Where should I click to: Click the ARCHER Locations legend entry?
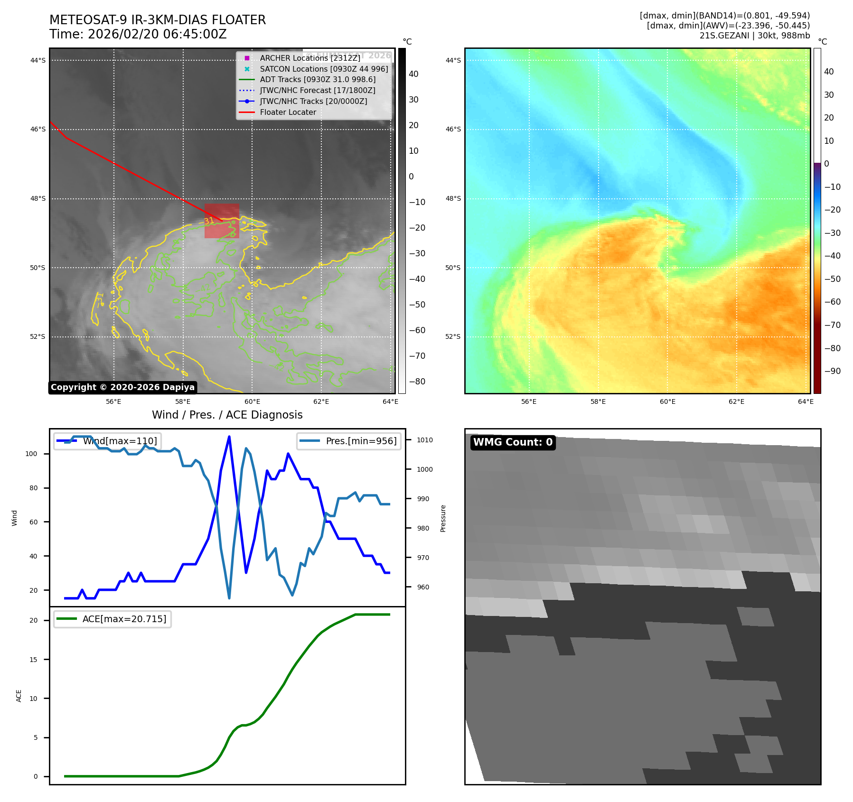pyautogui.click(x=309, y=58)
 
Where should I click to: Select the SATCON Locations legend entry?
pyautogui.click(x=323, y=69)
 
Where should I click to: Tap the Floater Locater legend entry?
pyautogui.click(x=288, y=112)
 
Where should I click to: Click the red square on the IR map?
pyautogui.click(x=222, y=221)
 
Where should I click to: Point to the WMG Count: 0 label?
pyautogui.click(x=513, y=442)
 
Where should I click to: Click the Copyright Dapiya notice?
pyautogui.click(x=122, y=387)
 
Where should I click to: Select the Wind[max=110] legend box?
pyautogui.click(x=107, y=441)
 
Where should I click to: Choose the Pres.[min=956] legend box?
pyautogui.click(x=349, y=441)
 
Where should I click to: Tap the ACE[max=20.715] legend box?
pyautogui.click(x=112, y=619)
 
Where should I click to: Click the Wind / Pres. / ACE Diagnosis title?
pyautogui.click(x=227, y=415)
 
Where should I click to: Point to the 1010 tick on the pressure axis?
pyautogui.click(x=425, y=440)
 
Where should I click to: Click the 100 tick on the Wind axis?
pyautogui.click(x=31, y=454)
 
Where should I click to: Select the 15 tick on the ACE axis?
pyautogui.click(x=33, y=660)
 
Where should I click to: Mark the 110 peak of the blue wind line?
pyautogui.click(x=229, y=437)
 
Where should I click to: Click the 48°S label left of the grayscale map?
pyautogui.click(x=38, y=198)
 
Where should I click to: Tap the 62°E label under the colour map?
pyautogui.click(x=736, y=401)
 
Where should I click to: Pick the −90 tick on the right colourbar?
pyautogui.click(x=832, y=371)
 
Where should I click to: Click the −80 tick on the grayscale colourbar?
pyautogui.click(x=417, y=382)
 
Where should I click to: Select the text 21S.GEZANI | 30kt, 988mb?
pyautogui.click(x=754, y=36)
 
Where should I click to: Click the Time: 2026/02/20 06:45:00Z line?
pyautogui.click(x=138, y=34)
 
